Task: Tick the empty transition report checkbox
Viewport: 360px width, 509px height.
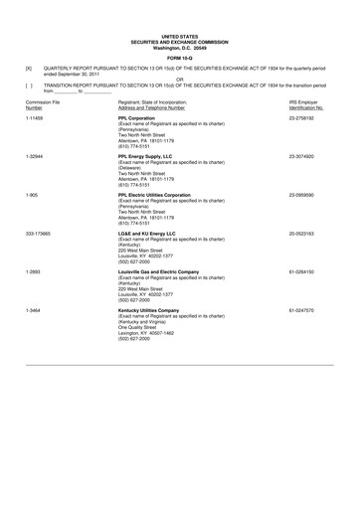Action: tap(29, 86)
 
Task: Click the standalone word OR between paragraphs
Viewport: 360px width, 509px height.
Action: tap(180, 80)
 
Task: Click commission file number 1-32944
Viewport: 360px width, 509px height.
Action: tap(36, 156)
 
